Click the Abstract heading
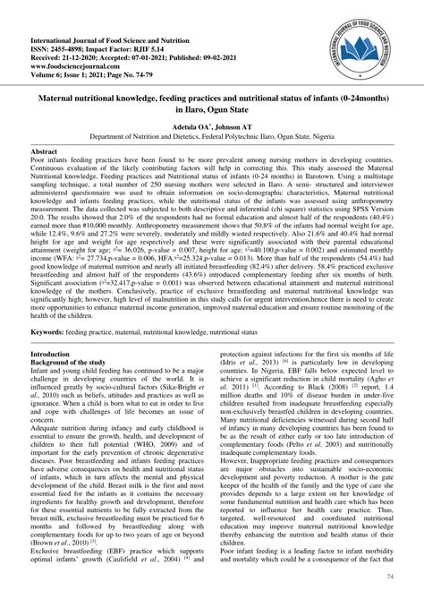[45, 153]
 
